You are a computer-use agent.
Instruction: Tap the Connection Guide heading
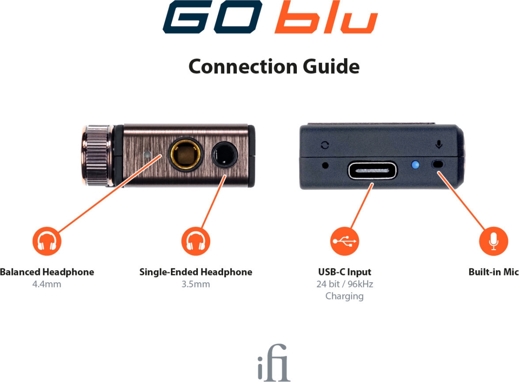point(274,67)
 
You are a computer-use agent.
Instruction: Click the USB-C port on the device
point(372,170)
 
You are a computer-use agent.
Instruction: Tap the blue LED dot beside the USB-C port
point(415,165)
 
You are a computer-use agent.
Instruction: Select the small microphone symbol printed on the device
point(439,144)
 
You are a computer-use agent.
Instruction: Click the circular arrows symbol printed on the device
point(325,145)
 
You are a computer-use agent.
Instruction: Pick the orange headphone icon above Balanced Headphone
point(46,241)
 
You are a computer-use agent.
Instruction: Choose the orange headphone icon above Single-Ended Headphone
point(196,241)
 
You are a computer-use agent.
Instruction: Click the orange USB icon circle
point(345,241)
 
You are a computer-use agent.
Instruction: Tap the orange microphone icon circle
point(493,241)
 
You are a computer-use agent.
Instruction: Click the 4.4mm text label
point(46,284)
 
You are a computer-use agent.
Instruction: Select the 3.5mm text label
point(196,284)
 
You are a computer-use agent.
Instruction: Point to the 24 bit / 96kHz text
point(345,284)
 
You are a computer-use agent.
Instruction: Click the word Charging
point(345,296)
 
